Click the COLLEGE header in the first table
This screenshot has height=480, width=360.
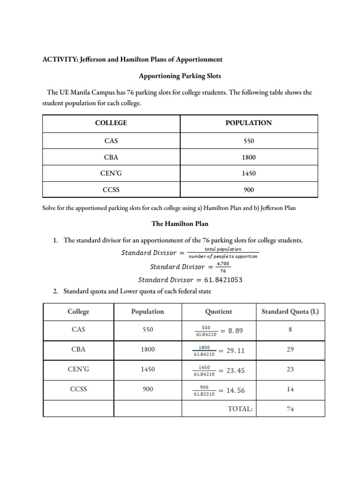click(x=111, y=123)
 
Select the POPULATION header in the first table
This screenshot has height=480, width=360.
click(x=248, y=123)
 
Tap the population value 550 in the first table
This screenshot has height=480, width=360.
click(x=248, y=140)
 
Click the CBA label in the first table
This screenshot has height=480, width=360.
click(x=111, y=158)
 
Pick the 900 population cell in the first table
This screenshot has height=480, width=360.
click(x=248, y=190)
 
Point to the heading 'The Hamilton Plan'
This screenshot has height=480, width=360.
click(x=180, y=224)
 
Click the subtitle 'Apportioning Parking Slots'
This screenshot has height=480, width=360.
click(x=180, y=76)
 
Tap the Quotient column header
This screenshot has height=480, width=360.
click(x=218, y=311)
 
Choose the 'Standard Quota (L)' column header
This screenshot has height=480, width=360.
click(x=290, y=311)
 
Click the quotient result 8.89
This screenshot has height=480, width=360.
click(x=235, y=331)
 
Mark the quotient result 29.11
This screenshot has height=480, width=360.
click(x=235, y=351)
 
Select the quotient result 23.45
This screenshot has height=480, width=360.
click(x=235, y=370)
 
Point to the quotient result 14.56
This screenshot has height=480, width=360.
click(x=235, y=390)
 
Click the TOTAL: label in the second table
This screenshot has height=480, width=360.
click(x=240, y=409)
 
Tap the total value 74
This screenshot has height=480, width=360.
click(x=290, y=409)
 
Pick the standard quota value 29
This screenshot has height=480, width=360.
click(x=290, y=350)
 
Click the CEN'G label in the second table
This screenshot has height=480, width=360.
click(x=78, y=369)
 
